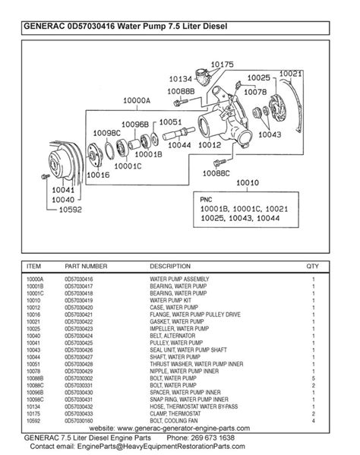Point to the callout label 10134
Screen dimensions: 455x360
[x=182, y=79]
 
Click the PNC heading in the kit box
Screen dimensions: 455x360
[x=207, y=197]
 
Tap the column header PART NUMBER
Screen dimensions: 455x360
[x=86, y=267]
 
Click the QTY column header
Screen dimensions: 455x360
[x=312, y=267]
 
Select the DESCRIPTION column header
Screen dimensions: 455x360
[x=170, y=267]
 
